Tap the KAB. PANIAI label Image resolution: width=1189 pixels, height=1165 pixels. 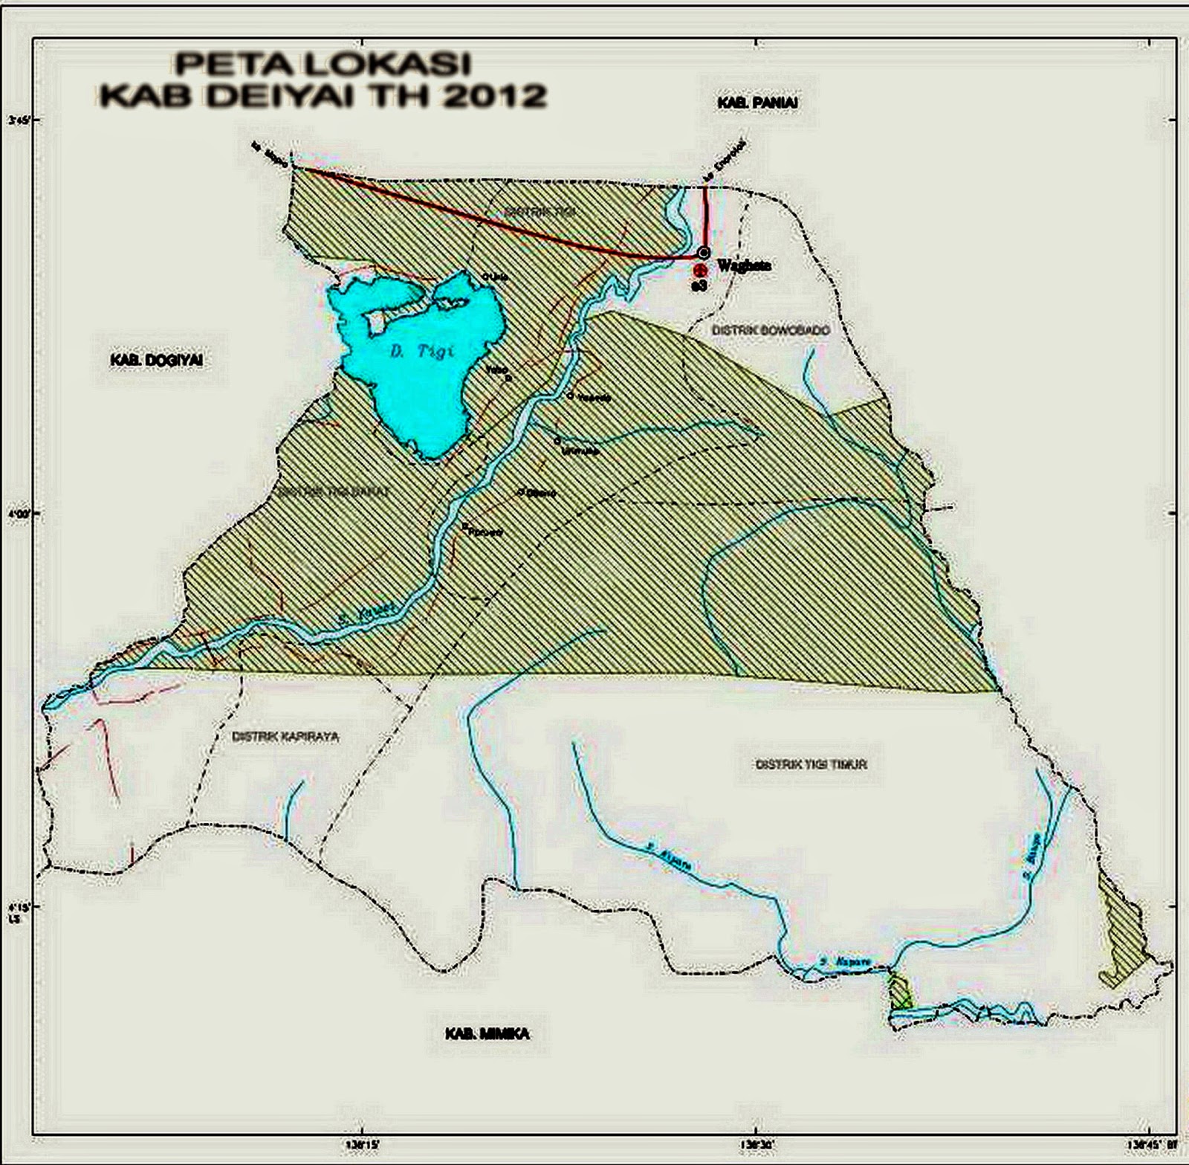click(757, 103)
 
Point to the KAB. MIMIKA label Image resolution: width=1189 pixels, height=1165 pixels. click(487, 1033)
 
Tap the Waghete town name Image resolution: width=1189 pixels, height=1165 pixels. click(742, 265)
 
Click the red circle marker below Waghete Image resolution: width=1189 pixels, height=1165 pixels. click(699, 271)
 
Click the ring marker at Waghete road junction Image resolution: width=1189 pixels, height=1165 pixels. click(704, 252)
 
